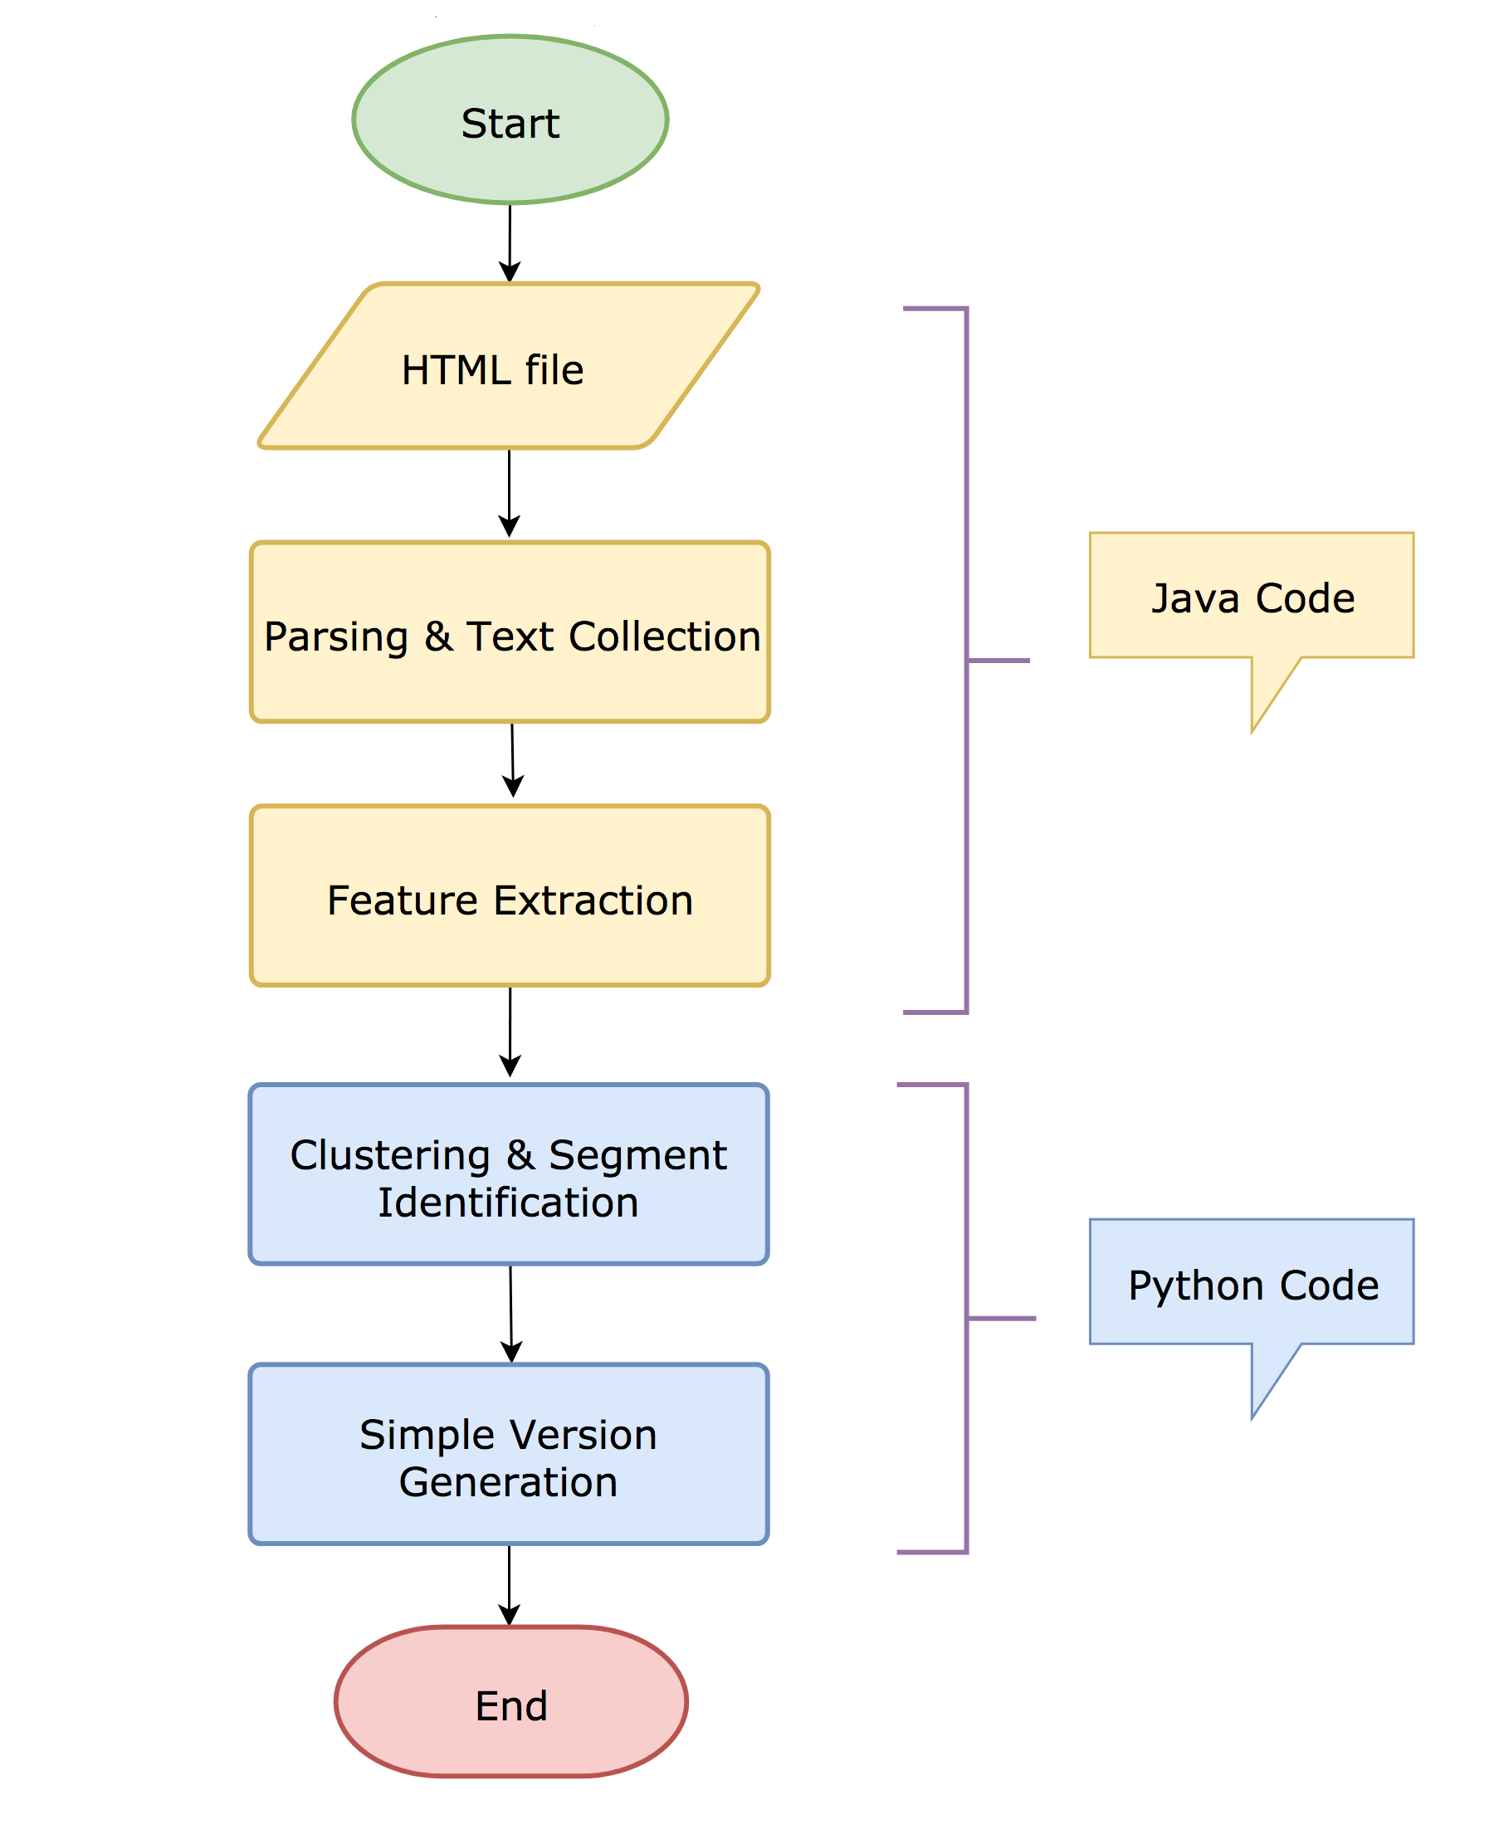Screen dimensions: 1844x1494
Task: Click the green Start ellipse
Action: coord(510,120)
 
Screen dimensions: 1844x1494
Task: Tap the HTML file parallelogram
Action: coord(508,367)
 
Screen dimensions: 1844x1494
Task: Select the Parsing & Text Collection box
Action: coord(510,632)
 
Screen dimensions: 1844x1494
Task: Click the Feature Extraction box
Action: coord(510,895)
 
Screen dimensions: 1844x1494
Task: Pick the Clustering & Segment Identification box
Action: coord(508,1174)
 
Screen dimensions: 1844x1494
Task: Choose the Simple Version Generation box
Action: coord(508,1454)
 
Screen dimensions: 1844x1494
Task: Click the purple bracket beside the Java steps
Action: coord(966,660)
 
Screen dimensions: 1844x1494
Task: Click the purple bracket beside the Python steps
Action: coord(966,1317)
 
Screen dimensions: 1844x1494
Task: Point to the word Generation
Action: coord(508,1481)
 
